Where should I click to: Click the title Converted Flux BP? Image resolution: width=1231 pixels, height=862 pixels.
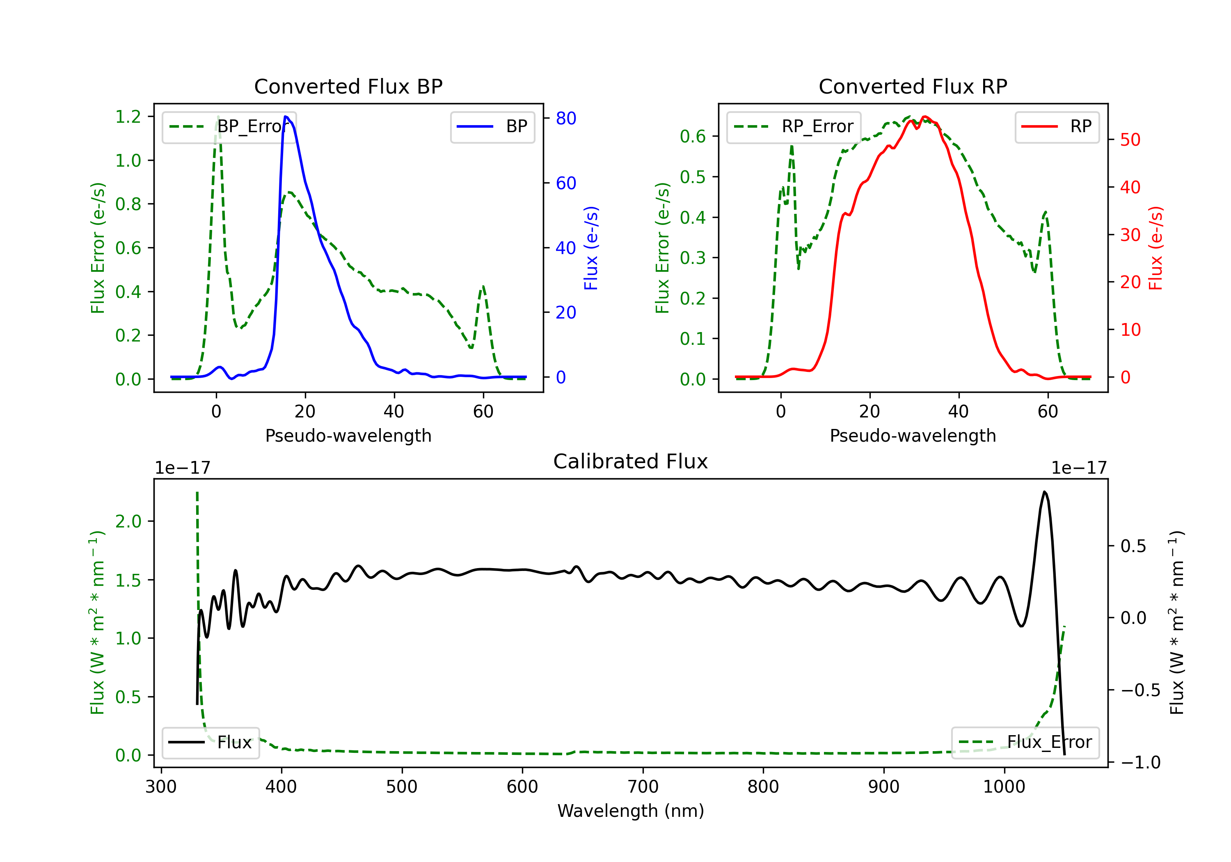(x=348, y=86)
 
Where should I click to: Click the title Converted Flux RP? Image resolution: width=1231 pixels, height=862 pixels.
(x=913, y=86)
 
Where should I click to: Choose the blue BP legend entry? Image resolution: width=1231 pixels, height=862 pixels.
(x=492, y=126)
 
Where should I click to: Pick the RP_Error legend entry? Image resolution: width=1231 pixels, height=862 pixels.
(x=794, y=126)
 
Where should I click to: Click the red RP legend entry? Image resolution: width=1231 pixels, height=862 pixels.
(x=1057, y=126)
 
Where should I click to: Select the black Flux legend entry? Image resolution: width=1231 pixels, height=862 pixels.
(x=211, y=743)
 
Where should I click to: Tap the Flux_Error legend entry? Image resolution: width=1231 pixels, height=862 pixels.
(x=1025, y=743)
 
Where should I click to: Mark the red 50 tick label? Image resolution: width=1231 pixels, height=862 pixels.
(x=1130, y=140)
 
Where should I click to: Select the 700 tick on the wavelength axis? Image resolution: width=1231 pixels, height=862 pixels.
(x=643, y=787)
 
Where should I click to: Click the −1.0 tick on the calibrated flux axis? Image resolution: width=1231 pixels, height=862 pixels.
(x=1140, y=762)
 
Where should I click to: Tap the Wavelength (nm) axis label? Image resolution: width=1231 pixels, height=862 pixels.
(x=631, y=811)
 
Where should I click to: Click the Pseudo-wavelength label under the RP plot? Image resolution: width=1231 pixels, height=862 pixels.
(x=913, y=436)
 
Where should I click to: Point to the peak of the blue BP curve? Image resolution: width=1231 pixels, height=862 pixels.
(x=286, y=117)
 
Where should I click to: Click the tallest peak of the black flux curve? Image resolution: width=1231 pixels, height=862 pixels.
(x=1044, y=491)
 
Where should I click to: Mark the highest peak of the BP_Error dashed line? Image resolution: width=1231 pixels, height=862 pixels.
(x=217, y=117)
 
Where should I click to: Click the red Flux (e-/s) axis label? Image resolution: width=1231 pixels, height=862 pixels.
(x=1155, y=248)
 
